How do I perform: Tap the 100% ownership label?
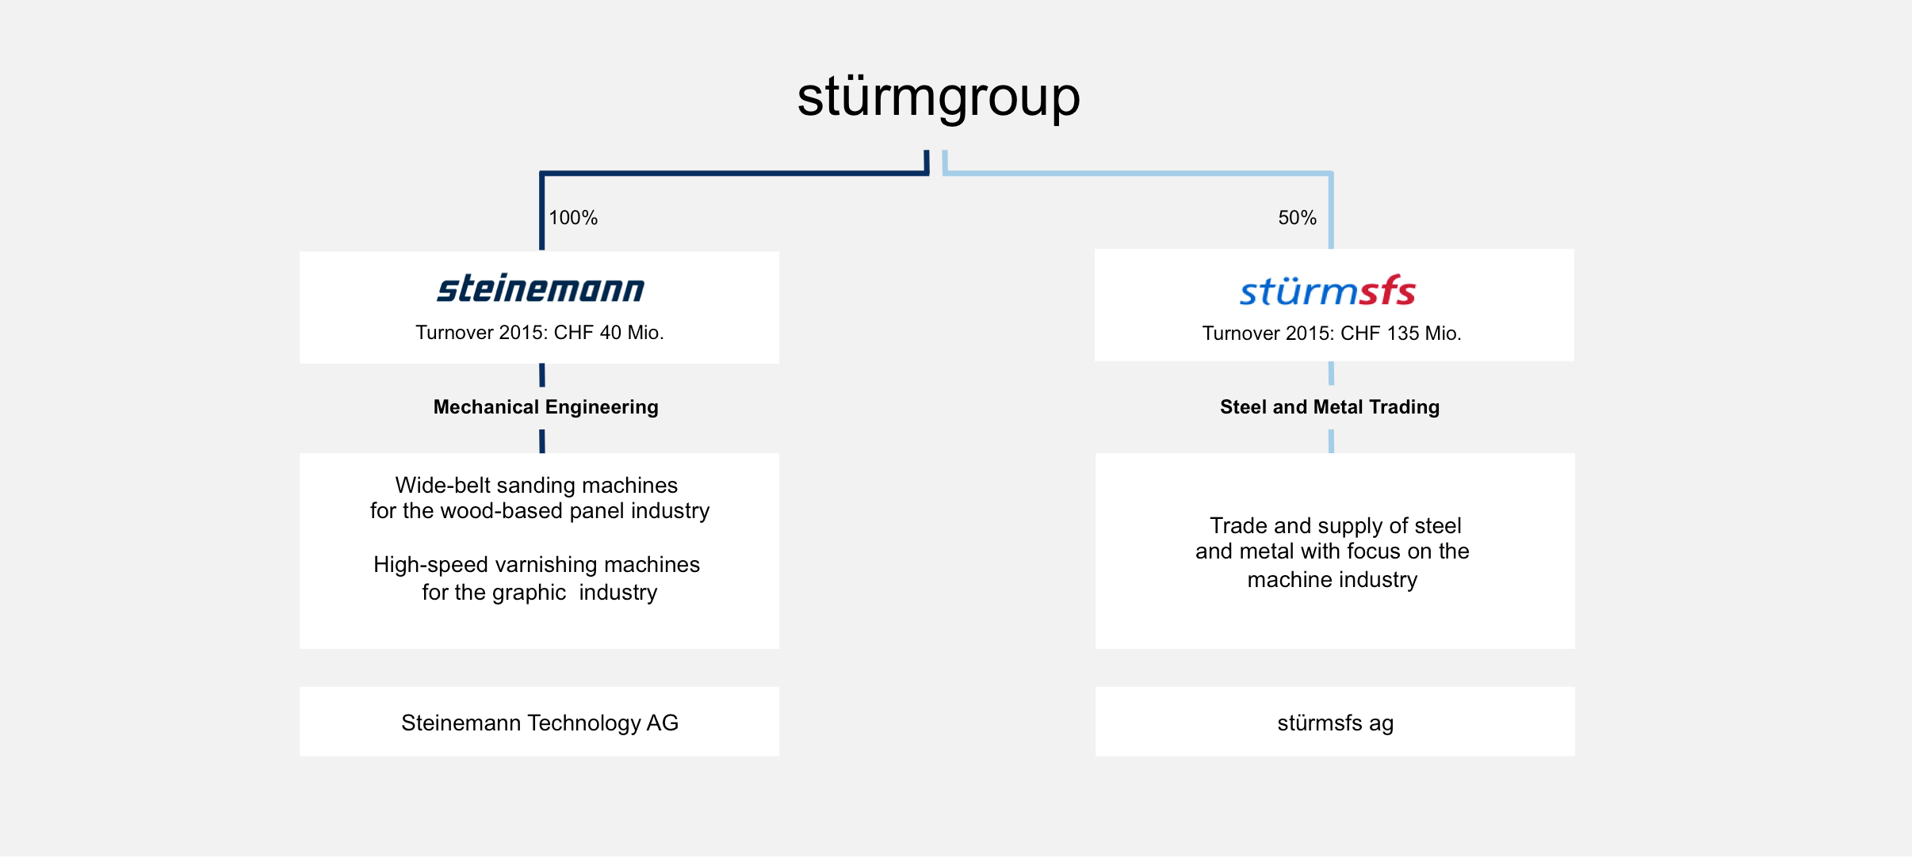point(573,218)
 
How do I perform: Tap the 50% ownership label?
point(1297,218)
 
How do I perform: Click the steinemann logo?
point(541,288)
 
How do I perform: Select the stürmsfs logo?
point(1328,291)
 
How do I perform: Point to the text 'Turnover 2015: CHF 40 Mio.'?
point(540,333)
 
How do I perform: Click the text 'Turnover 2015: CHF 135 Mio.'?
point(1332,334)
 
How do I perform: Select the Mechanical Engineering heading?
point(545,407)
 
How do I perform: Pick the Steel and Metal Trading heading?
point(1329,407)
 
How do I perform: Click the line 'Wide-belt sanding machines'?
point(537,485)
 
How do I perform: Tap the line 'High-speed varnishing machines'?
point(537,564)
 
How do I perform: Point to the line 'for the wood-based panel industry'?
point(540,511)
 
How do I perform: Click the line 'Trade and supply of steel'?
point(1335,526)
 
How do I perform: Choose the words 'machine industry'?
point(1333,580)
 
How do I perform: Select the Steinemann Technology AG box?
point(539,722)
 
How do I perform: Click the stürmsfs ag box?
point(1335,722)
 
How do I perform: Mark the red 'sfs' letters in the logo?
point(1387,291)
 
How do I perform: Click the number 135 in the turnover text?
point(1403,334)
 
